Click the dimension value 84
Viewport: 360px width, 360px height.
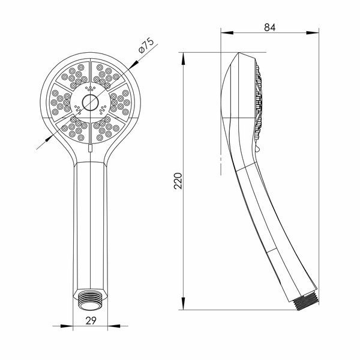pyautogui.click(x=269, y=28)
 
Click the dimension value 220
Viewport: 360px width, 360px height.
pyautogui.click(x=178, y=181)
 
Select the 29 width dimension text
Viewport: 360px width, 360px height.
pyautogui.click(x=91, y=320)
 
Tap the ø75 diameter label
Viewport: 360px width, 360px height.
pyautogui.click(x=146, y=46)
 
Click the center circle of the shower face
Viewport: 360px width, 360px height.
pyautogui.click(x=90, y=103)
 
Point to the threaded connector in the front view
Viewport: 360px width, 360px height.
pyautogui.click(x=90, y=299)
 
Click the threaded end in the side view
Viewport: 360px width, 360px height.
pyautogui.click(x=306, y=302)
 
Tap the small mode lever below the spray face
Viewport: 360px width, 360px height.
pyautogui.click(x=91, y=148)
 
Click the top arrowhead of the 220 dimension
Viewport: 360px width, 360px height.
pyautogui.click(x=183, y=58)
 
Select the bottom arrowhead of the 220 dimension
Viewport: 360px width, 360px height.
pyautogui.click(x=183, y=304)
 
